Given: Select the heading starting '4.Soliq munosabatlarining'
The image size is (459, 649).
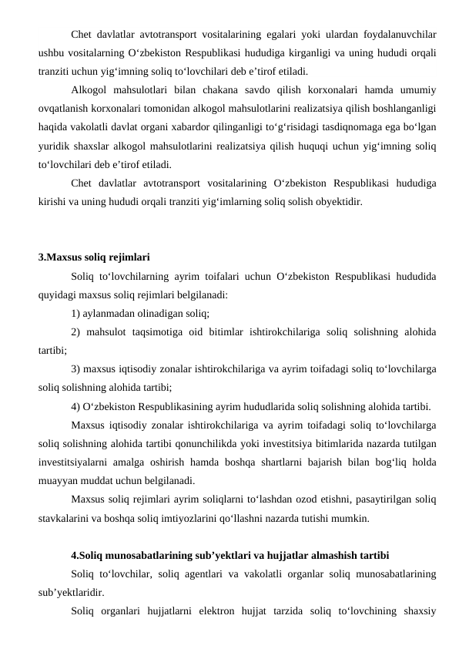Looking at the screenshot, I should [229, 555].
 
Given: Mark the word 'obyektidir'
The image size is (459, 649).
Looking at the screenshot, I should [334, 202].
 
